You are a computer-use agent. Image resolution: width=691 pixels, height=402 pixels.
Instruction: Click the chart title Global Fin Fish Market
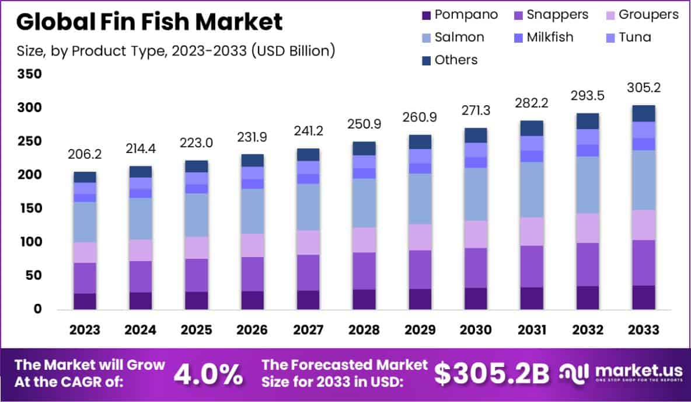tap(149, 22)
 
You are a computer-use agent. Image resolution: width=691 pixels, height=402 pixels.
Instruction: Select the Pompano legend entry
tap(459, 15)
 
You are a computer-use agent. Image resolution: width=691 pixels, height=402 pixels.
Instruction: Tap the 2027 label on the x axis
tap(309, 330)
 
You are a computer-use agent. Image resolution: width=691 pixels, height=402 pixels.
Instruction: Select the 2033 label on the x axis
tap(643, 330)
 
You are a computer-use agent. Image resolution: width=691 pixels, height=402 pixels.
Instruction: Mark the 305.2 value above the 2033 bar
tap(643, 88)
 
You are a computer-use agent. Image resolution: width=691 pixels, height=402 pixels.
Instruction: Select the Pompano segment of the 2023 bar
tap(85, 301)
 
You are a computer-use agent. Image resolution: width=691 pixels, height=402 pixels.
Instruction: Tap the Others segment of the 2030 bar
tap(476, 135)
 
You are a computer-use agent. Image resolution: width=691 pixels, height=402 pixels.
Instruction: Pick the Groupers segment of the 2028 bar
tap(364, 240)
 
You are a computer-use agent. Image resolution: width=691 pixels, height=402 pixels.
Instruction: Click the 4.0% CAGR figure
tap(208, 375)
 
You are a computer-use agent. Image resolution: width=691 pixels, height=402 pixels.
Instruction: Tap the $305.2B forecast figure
tap(492, 375)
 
